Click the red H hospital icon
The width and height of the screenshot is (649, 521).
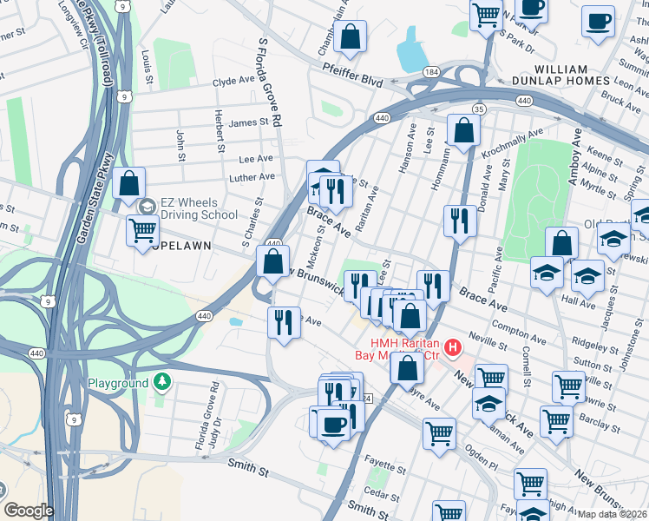click(451, 349)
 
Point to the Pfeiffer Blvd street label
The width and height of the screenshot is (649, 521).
click(352, 79)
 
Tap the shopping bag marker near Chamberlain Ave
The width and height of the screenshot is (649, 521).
click(351, 37)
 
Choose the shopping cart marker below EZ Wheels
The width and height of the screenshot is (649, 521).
click(143, 232)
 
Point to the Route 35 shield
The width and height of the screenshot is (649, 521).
click(478, 109)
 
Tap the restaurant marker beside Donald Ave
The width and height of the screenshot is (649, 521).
click(460, 221)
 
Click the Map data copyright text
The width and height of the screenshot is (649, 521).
click(613, 514)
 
